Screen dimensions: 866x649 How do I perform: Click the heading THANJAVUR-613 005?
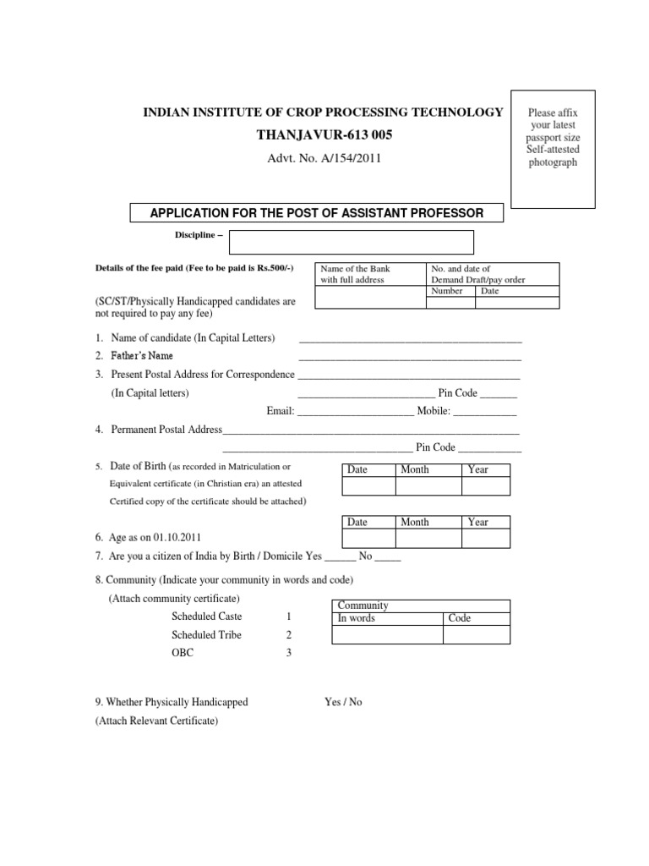[319, 135]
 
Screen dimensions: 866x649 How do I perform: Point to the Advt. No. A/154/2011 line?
[319, 158]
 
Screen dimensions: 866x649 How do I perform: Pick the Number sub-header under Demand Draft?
[446, 291]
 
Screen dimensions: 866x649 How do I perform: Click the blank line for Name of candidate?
[410, 340]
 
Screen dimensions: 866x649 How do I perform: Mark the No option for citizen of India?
[366, 556]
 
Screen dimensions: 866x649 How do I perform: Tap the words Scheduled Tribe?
[206, 635]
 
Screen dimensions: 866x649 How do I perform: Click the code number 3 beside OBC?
[289, 653]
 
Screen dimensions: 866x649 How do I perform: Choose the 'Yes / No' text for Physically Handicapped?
[343, 702]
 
